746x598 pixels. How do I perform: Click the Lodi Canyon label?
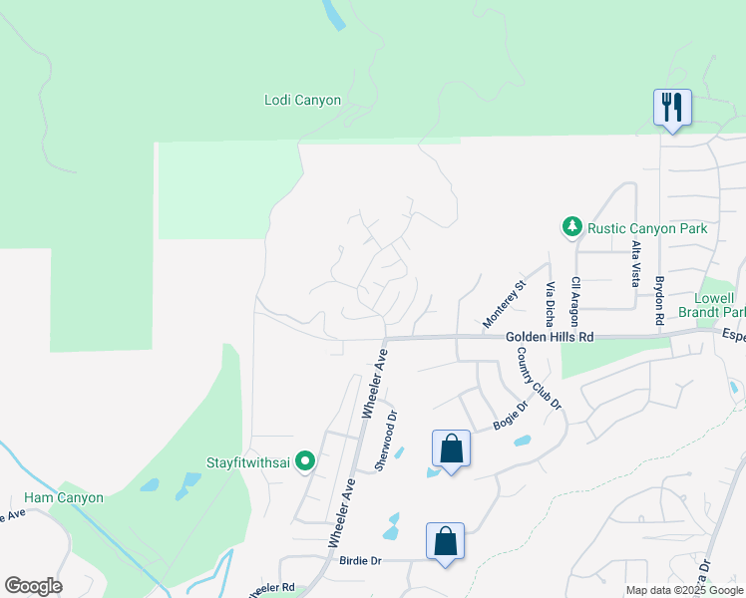tap(302, 101)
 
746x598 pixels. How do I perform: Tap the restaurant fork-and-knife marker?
tap(671, 106)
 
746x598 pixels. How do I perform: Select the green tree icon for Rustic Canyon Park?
tap(572, 228)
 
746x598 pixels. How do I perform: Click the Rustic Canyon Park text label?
tap(646, 228)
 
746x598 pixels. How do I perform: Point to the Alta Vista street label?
tap(635, 262)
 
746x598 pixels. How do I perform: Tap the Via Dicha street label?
tap(549, 305)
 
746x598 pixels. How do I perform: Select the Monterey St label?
tap(504, 304)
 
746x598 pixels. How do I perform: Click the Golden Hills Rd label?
tap(549, 338)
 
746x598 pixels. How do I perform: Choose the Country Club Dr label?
tap(540, 379)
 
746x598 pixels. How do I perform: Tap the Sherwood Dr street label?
tap(385, 441)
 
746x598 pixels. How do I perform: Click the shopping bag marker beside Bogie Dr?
tap(451, 448)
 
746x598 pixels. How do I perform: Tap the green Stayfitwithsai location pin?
tap(306, 461)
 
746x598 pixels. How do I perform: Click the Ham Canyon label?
tap(64, 497)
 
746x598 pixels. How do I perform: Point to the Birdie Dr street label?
tap(361, 561)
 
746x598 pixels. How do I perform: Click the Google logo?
tap(33, 586)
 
